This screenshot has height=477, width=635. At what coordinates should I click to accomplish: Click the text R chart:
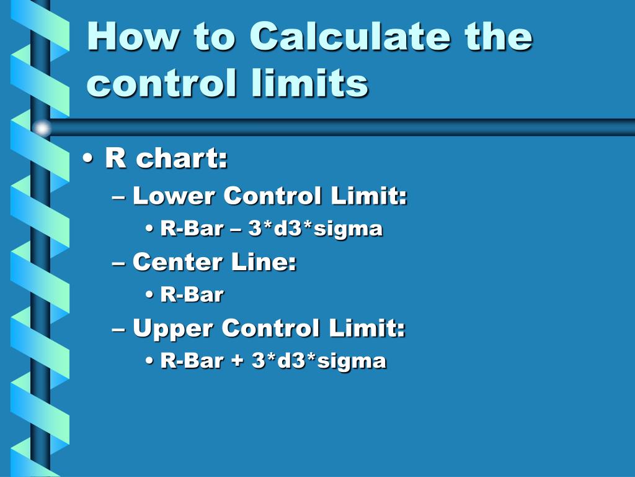[x=166, y=159]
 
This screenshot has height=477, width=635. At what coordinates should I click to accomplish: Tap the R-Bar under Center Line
[x=192, y=295]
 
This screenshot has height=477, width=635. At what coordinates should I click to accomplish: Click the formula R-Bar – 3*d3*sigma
[x=272, y=229]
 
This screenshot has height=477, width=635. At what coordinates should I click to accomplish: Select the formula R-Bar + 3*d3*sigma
[x=273, y=361]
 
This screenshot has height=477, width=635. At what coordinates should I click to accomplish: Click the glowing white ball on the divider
[x=42, y=128]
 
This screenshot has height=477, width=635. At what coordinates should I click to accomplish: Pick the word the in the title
[x=499, y=37]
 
